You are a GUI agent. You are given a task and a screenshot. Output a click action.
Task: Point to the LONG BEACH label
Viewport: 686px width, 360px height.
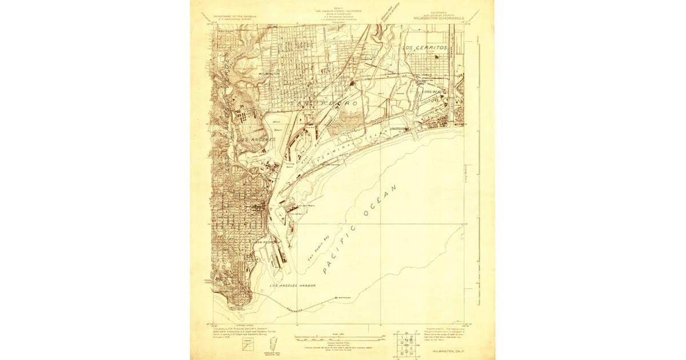click(x=435, y=91)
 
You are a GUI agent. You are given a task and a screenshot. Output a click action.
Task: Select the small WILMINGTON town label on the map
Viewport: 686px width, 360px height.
click(x=269, y=74)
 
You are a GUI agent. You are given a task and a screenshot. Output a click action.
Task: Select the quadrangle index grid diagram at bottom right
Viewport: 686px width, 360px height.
click(x=406, y=343)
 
